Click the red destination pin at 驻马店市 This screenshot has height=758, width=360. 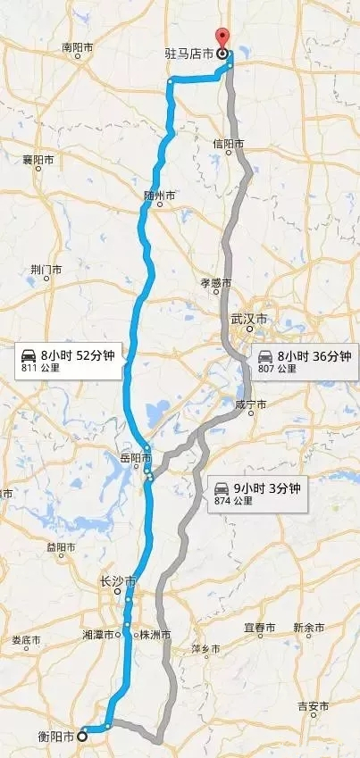(223, 38)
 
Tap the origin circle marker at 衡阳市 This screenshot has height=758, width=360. (82, 737)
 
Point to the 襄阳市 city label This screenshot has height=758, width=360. (38, 161)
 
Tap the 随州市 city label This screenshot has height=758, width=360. (163, 195)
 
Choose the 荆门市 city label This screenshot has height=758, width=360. (45, 269)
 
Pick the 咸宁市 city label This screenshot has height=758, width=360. (250, 404)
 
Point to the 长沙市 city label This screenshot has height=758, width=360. (116, 581)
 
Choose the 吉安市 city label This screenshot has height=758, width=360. (313, 705)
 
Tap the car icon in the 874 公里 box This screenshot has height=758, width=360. (219, 489)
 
